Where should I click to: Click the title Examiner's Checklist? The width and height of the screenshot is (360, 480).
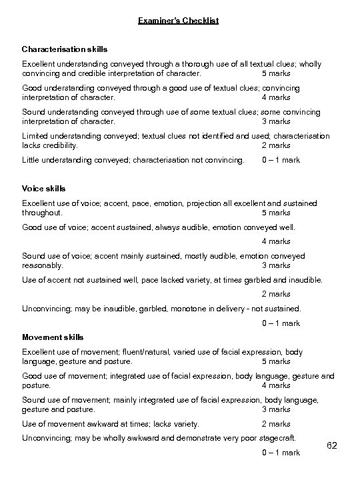178,21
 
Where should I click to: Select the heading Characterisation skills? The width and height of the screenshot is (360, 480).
64,49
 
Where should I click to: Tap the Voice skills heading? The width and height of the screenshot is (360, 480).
44,189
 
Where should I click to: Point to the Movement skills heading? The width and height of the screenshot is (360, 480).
53,337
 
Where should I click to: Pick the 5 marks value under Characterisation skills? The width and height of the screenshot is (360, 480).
276,73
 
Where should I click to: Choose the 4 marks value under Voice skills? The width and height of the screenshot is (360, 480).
276,241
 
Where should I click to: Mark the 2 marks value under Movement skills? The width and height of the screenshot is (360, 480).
276,424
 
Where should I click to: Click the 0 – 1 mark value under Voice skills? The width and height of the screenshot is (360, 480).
281,323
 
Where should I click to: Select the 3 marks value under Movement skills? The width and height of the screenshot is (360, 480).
276,409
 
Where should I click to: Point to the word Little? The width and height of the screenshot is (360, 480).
32,160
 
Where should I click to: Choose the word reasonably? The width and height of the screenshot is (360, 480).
43,265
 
